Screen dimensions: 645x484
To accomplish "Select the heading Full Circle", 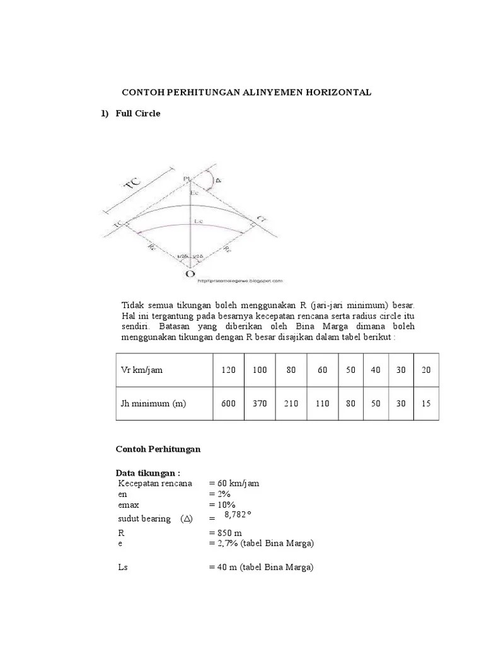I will coord(138,113).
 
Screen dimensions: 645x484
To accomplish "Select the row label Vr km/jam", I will coord(142,370).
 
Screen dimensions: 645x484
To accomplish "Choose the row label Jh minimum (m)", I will coord(154,403).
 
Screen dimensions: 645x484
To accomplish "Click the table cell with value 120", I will coord(228,370).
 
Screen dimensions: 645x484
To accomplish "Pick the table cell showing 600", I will coord(228,403).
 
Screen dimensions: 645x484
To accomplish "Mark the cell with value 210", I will coord(291,403).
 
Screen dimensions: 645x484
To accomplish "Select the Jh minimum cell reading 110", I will coord(323,403).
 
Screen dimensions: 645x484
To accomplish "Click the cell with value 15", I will coord(426,403).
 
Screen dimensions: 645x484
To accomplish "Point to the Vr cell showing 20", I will coord(426,370).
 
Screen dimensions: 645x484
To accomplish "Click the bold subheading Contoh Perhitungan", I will coord(158,449).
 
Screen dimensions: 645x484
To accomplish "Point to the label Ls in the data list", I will coord(123,567).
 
